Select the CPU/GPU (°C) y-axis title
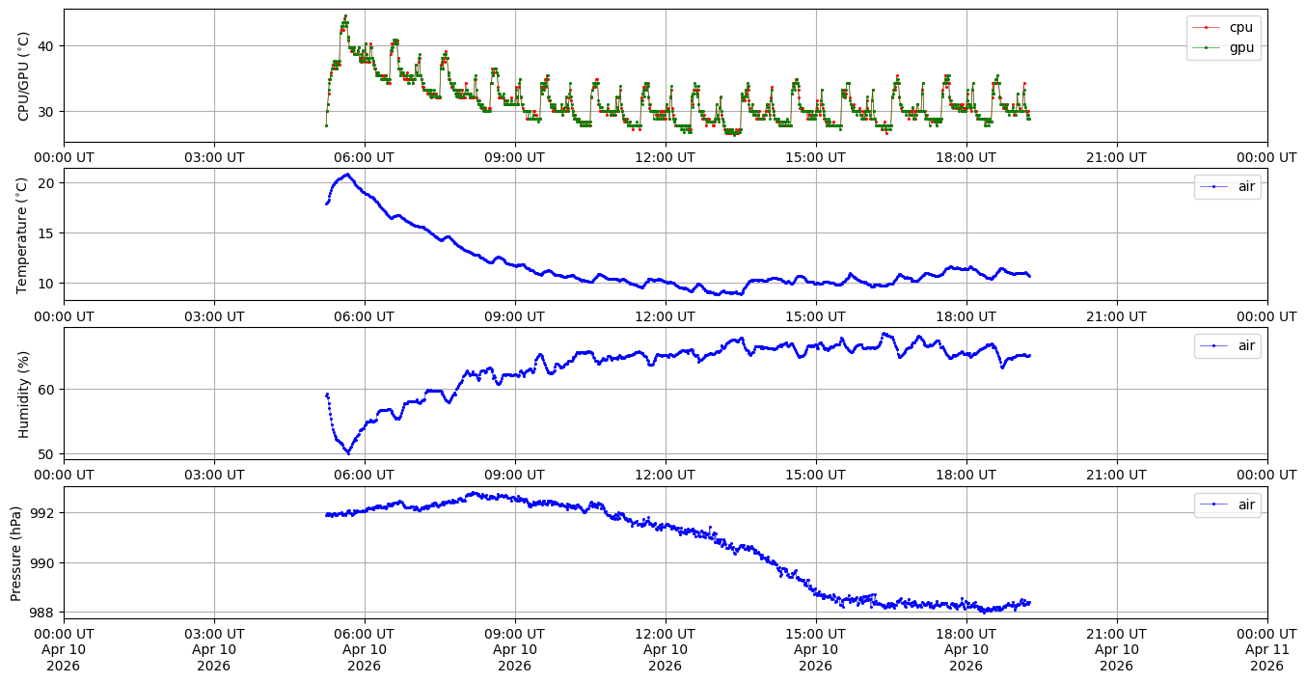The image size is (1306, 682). pos(24,76)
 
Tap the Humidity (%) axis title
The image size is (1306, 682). pos(24,394)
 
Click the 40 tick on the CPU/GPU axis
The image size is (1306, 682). pos(46,46)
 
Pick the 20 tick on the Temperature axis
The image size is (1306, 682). pos(46,183)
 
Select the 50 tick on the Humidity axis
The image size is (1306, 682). pos(46,454)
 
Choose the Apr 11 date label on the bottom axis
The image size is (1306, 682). pos(1266,649)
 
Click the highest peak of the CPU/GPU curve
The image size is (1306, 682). pos(345,16)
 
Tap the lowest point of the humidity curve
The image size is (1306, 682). pos(348,452)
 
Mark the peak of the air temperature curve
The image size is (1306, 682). pos(347,175)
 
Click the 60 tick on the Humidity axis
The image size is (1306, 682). pos(46,390)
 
